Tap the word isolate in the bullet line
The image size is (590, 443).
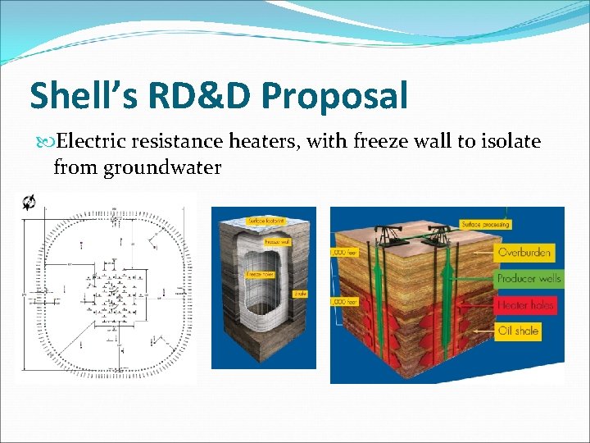[x=507, y=141]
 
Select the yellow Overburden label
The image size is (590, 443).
[x=524, y=253]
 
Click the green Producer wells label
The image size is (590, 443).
[x=529, y=279]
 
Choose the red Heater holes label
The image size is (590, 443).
[x=525, y=305]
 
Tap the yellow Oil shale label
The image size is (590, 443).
[x=518, y=331]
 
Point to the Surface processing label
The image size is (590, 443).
[x=485, y=224]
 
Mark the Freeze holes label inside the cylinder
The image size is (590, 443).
[x=260, y=273]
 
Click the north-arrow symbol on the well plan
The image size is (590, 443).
[x=29, y=202]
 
